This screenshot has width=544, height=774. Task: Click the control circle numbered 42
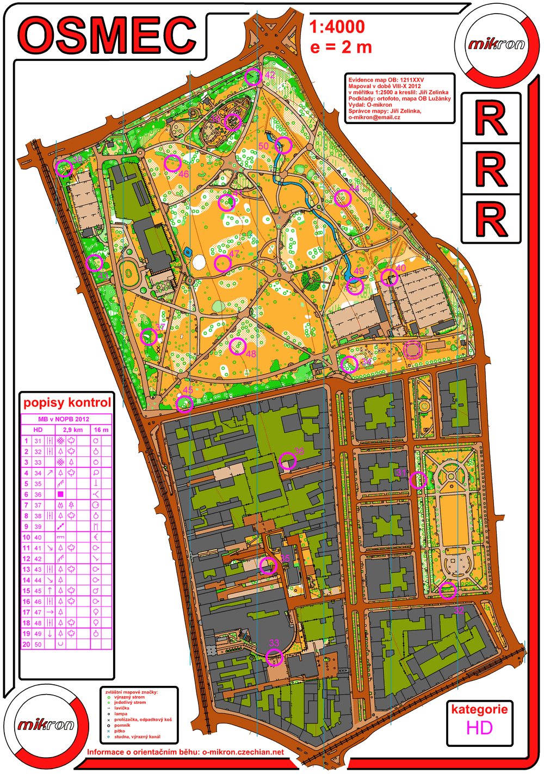(253, 77)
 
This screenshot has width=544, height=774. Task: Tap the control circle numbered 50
(283, 145)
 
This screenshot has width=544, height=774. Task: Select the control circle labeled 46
(172, 163)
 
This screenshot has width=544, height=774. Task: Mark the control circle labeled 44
(342, 198)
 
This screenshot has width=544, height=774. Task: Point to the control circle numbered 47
(222, 264)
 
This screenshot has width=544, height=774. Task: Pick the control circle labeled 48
(238, 346)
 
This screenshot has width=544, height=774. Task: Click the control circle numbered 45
(184, 404)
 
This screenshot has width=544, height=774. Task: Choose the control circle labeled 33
(275, 657)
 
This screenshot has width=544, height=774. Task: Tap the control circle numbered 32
(447, 590)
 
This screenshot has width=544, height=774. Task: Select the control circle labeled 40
(388, 277)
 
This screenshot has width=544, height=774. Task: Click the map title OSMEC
(108, 35)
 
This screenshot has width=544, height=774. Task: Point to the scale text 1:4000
(337, 27)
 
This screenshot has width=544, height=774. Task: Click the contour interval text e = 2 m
(341, 47)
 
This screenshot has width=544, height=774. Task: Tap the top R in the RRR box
(491, 119)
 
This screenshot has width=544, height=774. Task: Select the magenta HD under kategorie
(479, 728)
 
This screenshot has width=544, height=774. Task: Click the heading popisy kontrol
(67, 403)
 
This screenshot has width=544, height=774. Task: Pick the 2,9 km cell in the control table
(73, 430)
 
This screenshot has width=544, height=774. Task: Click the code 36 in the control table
(38, 494)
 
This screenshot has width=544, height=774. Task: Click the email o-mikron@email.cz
(374, 117)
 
